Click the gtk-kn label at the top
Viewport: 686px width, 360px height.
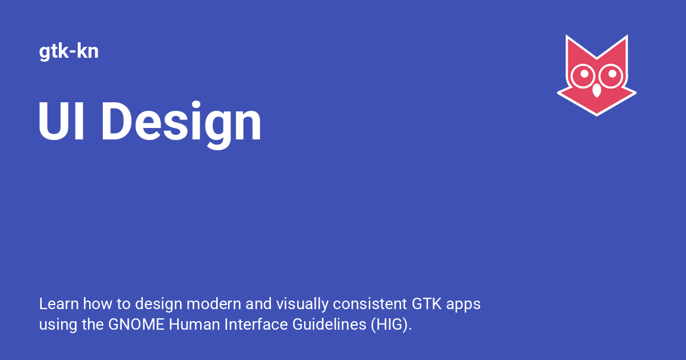pyautogui.click(x=69, y=52)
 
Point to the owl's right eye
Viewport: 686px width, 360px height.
pyautogui.click(x=612, y=74)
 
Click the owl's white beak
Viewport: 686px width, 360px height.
pyautogui.click(x=597, y=90)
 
